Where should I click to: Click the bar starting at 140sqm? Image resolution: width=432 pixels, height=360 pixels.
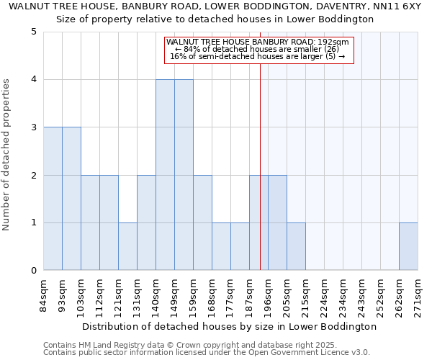tap(165, 175)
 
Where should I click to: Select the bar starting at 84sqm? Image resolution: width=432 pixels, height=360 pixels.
tap(53, 199)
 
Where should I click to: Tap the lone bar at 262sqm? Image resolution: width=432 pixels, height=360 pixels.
tap(408, 246)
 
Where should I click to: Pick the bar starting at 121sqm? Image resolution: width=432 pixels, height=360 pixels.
tap(127, 246)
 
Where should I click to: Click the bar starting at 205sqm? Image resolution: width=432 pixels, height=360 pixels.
tap(296, 246)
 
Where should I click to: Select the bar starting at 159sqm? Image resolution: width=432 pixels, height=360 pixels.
tap(202, 222)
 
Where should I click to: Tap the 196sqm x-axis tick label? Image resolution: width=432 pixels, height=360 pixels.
tap(269, 294)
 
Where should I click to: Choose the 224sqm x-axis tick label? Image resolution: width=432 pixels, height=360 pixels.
tap(325, 294)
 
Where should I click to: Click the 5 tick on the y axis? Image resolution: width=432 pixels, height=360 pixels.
tap(34, 32)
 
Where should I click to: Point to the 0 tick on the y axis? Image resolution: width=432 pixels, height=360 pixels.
tap(34, 271)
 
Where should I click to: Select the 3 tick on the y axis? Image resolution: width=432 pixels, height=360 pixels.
tap(34, 127)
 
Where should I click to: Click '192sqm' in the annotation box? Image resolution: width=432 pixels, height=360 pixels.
tap(336, 42)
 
